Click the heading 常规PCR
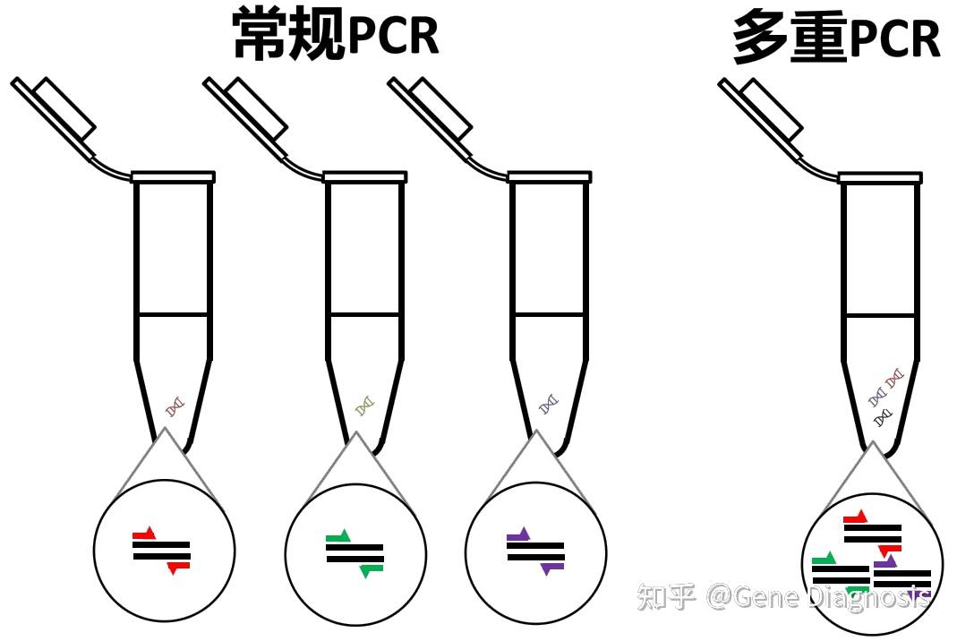click(336, 36)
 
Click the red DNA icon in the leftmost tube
click(175, 406)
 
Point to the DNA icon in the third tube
click(549, 406)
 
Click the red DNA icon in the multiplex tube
click(894, 381)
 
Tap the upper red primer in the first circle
click(144, 534)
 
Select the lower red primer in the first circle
click(178, 567)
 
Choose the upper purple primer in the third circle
click(518, 535)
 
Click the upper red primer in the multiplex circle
click(856, 517)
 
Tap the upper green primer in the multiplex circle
click(824, 560)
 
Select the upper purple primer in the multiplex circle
click(885, 562)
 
